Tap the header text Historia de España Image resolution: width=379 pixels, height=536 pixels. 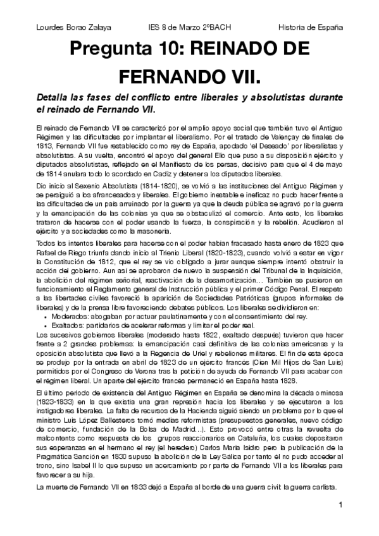click(311, 28)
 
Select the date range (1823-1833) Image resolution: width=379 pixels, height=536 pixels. click(58, 402)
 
